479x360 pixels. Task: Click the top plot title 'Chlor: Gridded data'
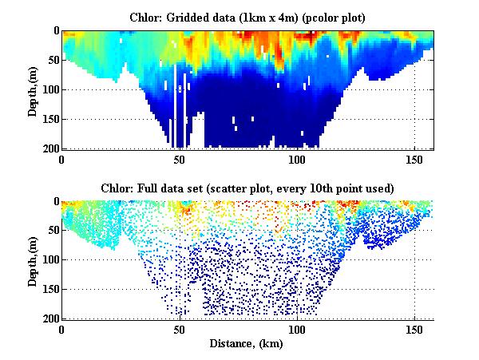(247, 16)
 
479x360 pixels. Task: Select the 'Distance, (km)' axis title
(248, 343)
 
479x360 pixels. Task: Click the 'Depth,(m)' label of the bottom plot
(33, 262)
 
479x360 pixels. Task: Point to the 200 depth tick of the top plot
(49, 148)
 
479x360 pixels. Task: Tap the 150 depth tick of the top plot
(49, 119)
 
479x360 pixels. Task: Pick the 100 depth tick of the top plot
(49, 89)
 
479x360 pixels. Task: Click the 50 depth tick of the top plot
(52, 60)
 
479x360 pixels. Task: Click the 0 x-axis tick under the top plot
(62, 159)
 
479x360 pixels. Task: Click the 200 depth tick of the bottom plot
(49, 318)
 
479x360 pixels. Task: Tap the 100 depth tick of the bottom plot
(49, 259)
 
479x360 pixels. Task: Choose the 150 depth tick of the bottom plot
(49, 289)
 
